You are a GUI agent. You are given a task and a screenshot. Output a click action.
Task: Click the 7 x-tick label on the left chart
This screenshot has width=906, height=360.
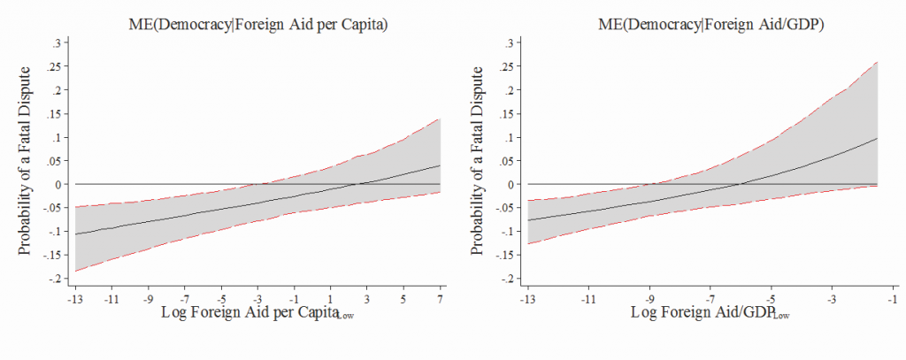tap(440, 299)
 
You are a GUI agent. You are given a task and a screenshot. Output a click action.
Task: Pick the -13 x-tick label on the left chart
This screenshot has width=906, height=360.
tap(75, 299)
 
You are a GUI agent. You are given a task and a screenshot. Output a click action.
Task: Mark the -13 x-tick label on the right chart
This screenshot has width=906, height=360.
tap(527, 299)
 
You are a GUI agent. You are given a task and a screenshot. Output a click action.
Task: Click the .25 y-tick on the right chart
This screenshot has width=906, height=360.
tap(507, 66)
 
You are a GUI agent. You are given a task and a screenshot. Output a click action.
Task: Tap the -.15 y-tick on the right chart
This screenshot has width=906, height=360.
tap(505, 255)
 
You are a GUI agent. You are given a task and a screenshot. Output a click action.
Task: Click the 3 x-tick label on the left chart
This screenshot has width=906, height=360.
tap(367, 299)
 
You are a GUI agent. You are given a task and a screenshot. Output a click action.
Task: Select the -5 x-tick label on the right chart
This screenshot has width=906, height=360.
tap(771, 299)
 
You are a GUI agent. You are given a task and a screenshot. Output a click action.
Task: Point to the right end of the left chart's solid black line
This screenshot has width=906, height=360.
tap(440, 165)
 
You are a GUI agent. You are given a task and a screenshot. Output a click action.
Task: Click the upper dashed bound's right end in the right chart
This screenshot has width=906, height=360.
tap(877, 62)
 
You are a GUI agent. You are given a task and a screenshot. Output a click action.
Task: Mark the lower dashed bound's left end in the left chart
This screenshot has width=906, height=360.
tap(76, 271)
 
